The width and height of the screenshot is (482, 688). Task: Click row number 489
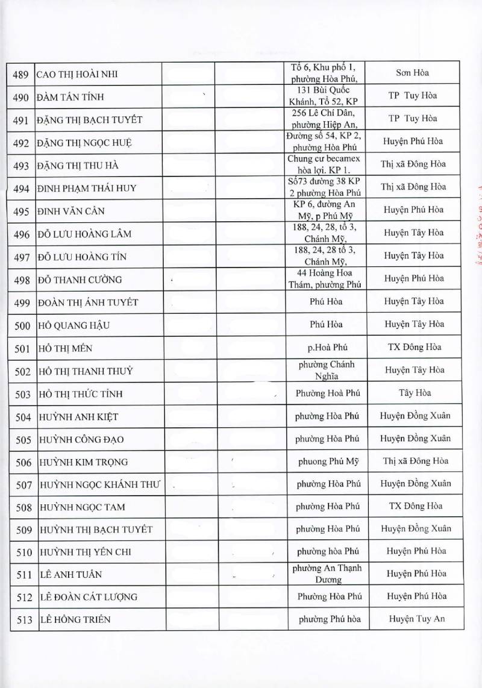(x=21, y=75)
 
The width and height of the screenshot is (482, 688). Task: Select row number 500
(x=21, y=326)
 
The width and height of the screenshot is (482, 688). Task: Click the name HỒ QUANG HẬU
(x=75, y=326)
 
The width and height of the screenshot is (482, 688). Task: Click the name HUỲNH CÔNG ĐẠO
(x=81, y=439)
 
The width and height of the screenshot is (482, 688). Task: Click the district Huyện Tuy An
(x=417, y=619)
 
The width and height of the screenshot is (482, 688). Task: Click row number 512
(x=21, y=597)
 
